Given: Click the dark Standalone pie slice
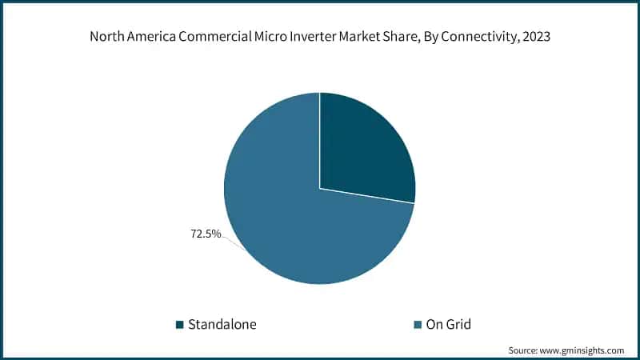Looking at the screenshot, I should [x=364, y=148].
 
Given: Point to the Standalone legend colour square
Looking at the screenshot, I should [x=180, y=324].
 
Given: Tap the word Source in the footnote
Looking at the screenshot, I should [x=525, y=350].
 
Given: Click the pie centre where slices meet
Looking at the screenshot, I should [x=320, y=189].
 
